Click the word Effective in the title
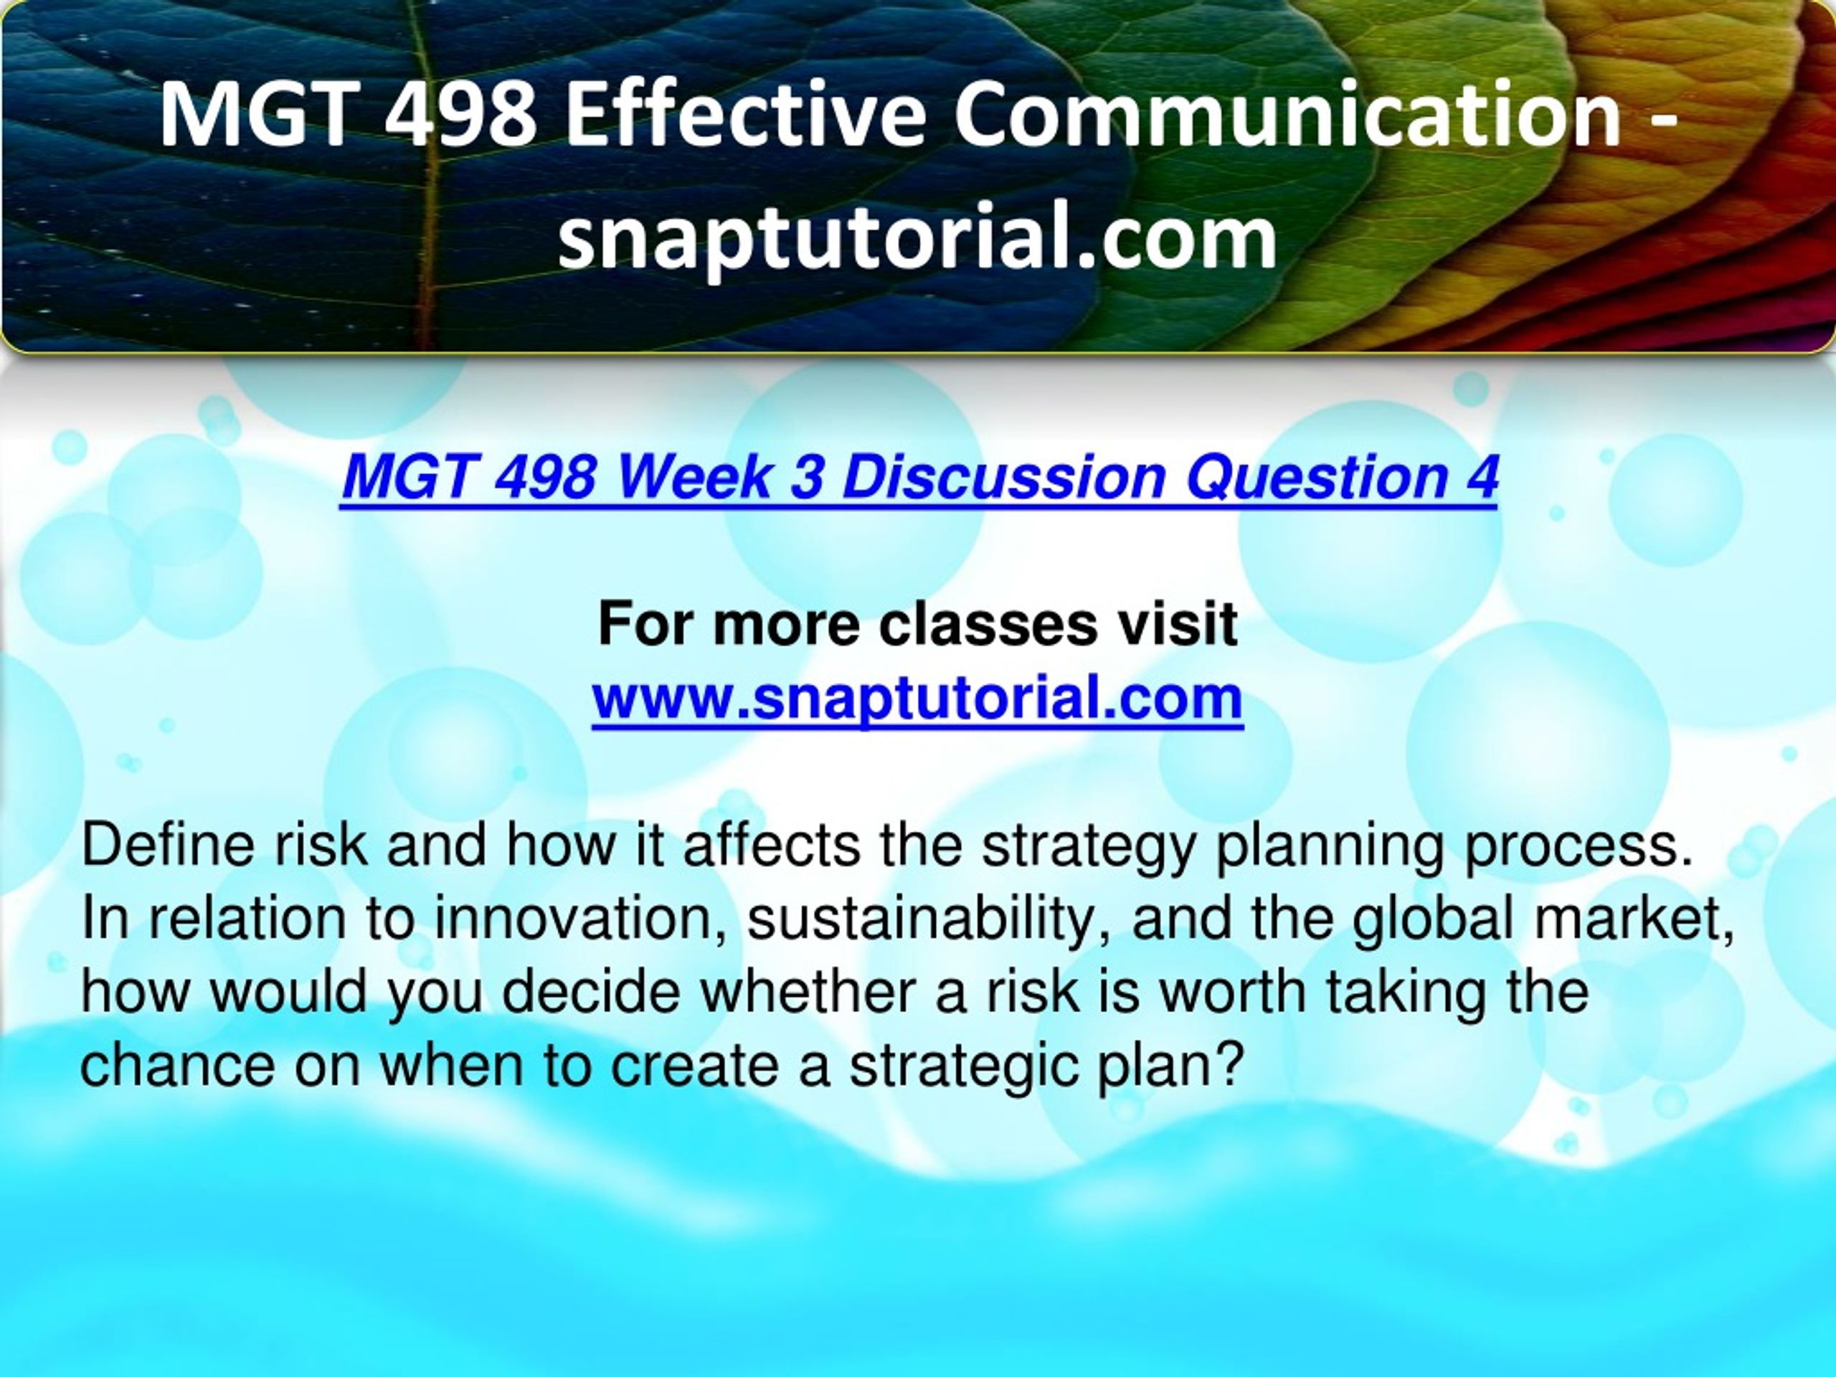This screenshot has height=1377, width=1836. point(744,114)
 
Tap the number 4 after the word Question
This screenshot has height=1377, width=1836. point(1481,476)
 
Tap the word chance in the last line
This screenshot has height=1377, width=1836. point(178,1065)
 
